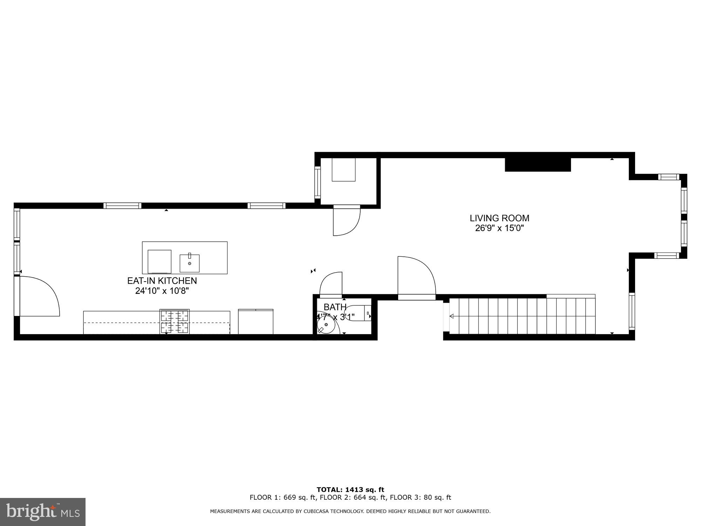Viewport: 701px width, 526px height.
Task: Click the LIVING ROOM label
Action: [499, 218]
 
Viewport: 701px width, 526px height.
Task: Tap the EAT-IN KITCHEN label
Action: [162, 281]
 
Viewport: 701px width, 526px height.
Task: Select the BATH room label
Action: [335, 307]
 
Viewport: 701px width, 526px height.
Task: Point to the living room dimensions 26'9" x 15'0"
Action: [499, 228]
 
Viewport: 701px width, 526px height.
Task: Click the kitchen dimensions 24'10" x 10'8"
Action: [162, 291]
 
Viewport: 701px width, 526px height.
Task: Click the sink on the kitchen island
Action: [190, 263]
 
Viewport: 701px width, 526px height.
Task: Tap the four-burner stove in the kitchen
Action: [175, 322]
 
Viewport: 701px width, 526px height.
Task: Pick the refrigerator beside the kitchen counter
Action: [256, 322]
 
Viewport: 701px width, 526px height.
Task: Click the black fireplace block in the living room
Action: [538, 165]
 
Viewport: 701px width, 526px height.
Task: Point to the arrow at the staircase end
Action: [452, 316]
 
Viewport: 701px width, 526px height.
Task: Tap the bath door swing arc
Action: [331, 283]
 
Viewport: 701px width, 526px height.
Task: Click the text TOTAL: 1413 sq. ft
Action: [350, 490]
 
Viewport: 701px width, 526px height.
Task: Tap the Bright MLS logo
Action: [43, 512]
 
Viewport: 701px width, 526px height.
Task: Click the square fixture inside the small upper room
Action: [343, 170]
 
